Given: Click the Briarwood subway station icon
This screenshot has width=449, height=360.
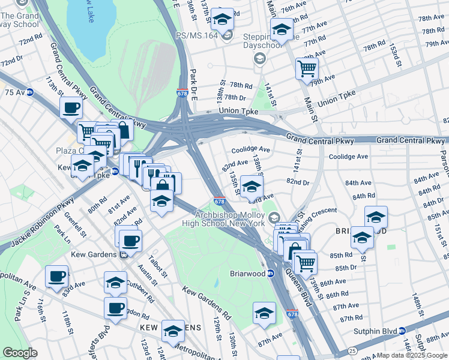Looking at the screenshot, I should (x=270, y=274).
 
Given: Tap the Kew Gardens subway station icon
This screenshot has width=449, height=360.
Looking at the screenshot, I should (x=124, y=254).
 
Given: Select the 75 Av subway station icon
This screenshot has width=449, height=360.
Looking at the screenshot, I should (x=29, y=92).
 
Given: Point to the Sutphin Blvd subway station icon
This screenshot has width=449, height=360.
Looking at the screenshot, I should (x=402, y=331).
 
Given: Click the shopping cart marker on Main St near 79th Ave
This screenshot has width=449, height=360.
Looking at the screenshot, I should (x=307, y=69).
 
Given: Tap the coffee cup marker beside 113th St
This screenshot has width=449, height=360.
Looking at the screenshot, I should (x=71, y=107).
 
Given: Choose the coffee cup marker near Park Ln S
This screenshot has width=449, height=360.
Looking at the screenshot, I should (x=57, y=276).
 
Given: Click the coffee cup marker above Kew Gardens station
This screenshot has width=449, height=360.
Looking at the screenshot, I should (x=130, y=241).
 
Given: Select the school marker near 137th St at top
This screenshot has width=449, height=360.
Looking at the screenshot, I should (x=222, y=20).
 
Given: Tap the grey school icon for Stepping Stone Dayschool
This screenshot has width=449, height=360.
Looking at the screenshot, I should (x=259, y=58).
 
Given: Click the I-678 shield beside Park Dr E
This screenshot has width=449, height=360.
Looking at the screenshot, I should (x=182, y=94).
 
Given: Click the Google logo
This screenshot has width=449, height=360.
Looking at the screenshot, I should (x=20, y=352).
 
